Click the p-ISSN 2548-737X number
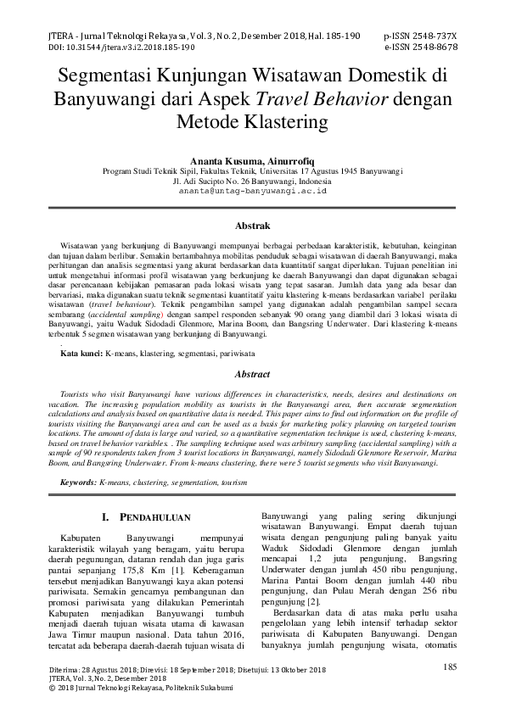[420, 36]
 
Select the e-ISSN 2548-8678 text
[420, 47]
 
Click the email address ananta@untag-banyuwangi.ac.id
[252, 192]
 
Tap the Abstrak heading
[252, 226]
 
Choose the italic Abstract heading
[252, 374]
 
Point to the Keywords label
[78, 482]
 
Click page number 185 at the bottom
[450, 667]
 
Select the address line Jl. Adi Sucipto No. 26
[252, 181]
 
